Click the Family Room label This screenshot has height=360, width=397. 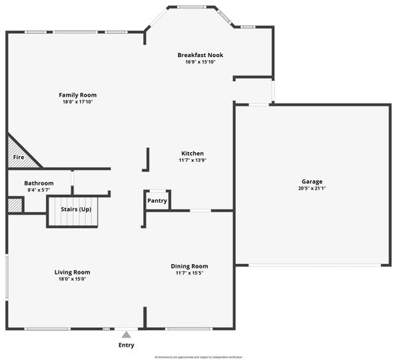[x=78, y=95]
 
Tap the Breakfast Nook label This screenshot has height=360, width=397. [x=200, y=55]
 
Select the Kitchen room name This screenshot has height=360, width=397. [x=192, y=153]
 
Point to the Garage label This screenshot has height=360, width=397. [x=312, y=181]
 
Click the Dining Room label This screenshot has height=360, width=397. [x=189, y=266]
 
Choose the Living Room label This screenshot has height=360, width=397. [x=72, y=272]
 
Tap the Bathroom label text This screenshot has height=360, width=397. [x=39, y=183]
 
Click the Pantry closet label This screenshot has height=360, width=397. [x=157, y=201]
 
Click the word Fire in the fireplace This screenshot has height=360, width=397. [x=18, y=157]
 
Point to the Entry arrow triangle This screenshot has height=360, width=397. [x=126, y=334]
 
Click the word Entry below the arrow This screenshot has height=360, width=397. [x=126, y=346]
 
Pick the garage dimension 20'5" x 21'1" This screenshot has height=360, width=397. [x=312, y=188]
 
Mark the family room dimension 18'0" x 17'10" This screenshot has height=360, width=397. [x=78, y=102]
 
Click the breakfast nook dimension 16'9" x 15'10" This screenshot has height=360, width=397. [x=200, y=61]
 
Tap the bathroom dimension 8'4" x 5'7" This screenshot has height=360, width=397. [x=39, y=190]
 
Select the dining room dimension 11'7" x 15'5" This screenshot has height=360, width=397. [x=189, y=273]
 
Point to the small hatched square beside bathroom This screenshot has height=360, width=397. [x=15, y=205]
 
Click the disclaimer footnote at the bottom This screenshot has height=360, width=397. [x=198, y=357]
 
